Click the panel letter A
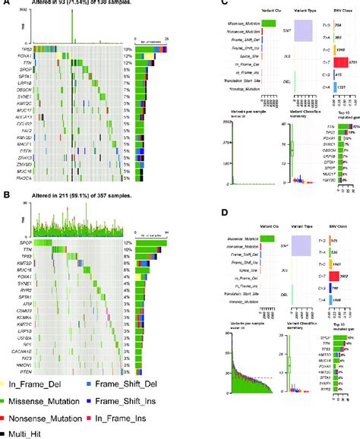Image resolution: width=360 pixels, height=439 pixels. (6, 5)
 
